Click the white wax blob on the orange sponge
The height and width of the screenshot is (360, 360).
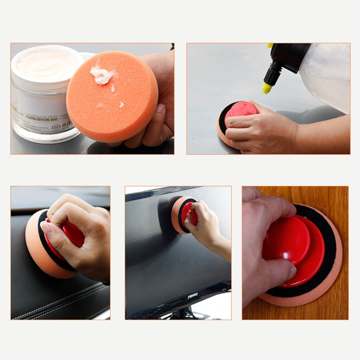click(102, 76)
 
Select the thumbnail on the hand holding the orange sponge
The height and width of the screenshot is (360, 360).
click(160, 108)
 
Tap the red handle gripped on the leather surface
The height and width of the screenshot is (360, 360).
click(72, 236)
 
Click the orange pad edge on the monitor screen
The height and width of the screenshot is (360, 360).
click(176, 215)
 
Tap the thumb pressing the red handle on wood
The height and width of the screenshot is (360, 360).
click(279, 270)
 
